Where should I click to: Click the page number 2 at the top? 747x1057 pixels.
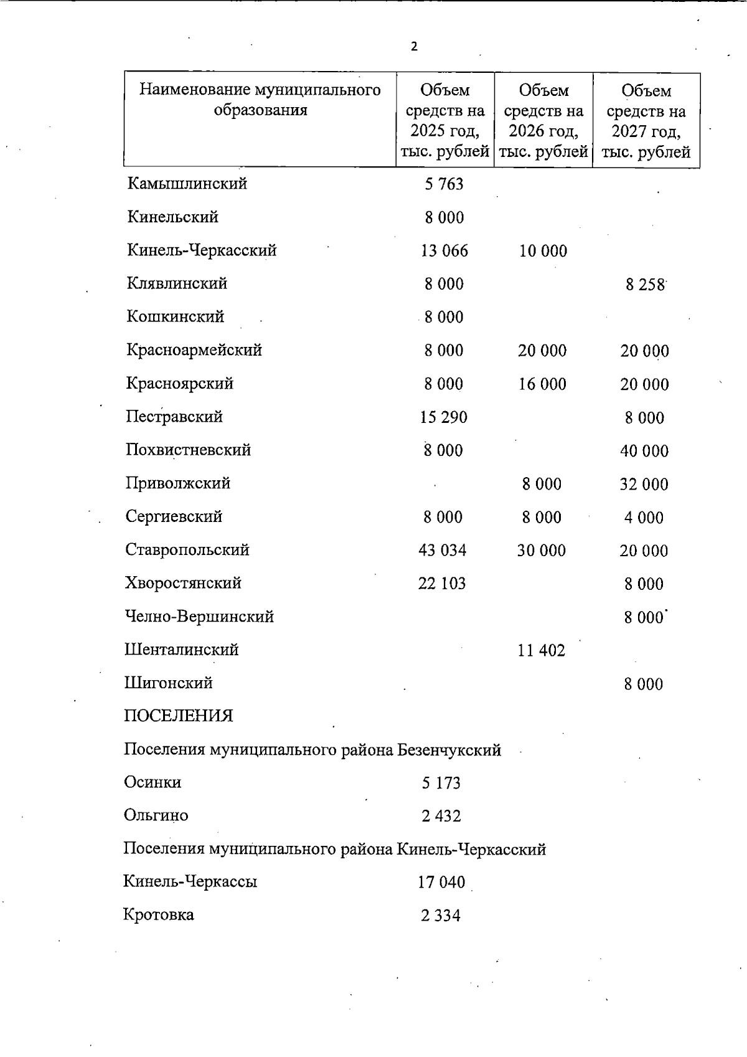coord(414,47)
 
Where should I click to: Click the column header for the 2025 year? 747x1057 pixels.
coord(445,121)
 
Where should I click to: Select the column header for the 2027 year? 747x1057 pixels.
coord(646,121)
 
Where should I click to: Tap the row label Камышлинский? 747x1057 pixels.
coord(187,184)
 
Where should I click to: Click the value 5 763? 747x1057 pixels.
coord(444,184)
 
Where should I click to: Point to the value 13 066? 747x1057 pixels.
coord(444,251)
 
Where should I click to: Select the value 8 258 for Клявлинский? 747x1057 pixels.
coord(646,285)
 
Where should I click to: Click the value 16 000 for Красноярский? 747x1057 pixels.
coord(542,384)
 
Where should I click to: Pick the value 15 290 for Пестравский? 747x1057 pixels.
coord(444,417)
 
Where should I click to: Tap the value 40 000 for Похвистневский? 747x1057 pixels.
coord(644,451)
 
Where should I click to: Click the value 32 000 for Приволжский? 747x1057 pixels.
coord(644,485)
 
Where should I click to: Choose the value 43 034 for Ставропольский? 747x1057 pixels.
coord(443,551)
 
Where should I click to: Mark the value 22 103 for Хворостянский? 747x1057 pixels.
coord(442,584)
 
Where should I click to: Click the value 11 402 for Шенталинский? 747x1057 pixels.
coord(542,651)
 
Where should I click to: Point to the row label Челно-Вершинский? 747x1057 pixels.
coord(199,617)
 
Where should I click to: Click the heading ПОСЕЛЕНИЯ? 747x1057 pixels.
coord(178,716)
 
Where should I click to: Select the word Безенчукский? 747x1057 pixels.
coord(449,750)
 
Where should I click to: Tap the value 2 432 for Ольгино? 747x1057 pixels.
coord(441,816)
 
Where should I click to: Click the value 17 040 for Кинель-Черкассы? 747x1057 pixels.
coord(441,883)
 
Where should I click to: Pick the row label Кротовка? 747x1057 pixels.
coord(159,915)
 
